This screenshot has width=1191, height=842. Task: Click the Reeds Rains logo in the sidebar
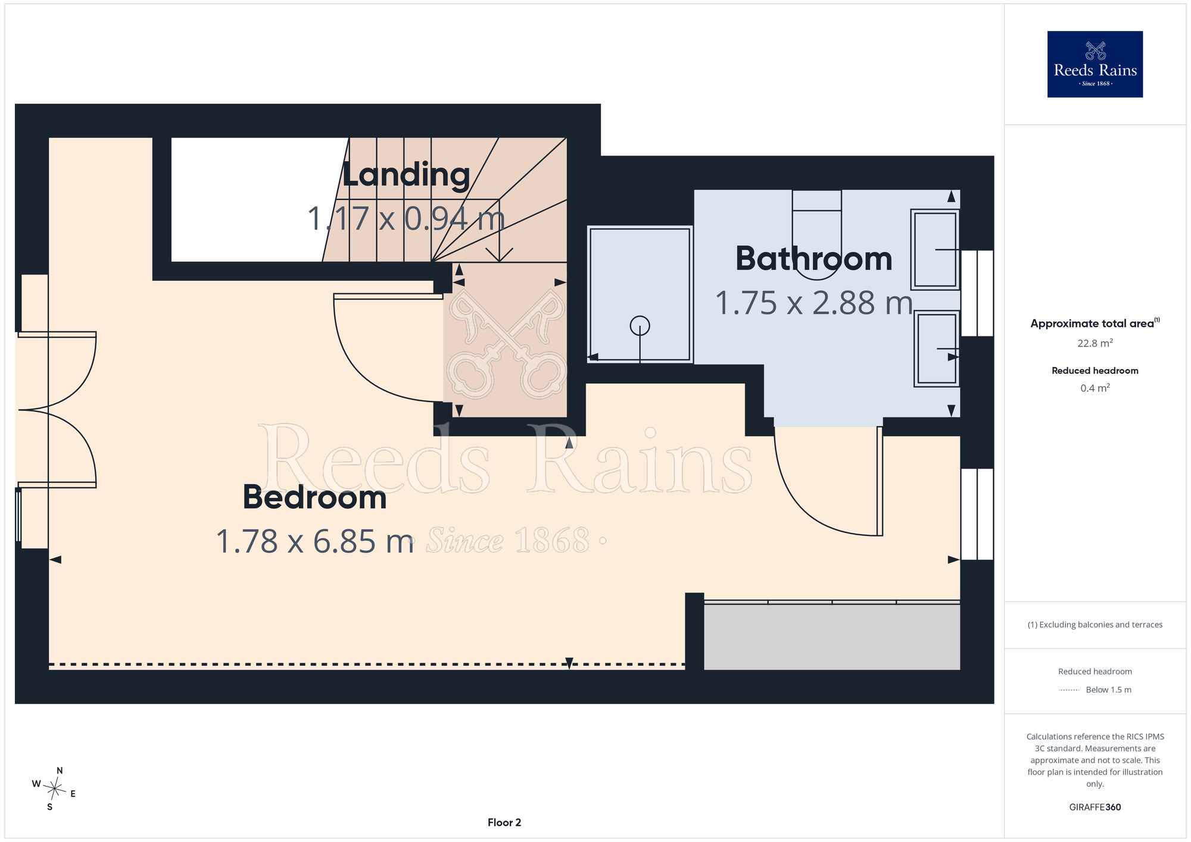(1095, 64)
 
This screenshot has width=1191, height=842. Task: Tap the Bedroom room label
(314, 497)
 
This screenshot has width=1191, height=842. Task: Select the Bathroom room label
(813, 258)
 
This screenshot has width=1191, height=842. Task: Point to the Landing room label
(406, 175)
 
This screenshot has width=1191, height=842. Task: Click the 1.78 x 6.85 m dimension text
(315, 541)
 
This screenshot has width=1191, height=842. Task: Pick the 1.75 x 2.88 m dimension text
(814, 303)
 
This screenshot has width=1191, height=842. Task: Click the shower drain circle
(640, 326)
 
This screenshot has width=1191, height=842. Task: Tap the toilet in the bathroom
(816, 235)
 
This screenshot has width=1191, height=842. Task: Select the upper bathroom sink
(936, 249)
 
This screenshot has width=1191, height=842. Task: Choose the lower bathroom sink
(937, 349)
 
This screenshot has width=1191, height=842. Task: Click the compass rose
(54, 789)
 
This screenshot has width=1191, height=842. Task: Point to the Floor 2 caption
(504, 822)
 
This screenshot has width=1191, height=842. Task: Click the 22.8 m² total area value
(1095, 343)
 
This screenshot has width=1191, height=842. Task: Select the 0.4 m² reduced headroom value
(1095, 388)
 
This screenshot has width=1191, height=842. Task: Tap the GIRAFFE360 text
(1095, 807)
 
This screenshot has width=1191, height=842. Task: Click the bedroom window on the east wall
(977, 514)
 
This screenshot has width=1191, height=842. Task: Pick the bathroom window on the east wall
(977, 293)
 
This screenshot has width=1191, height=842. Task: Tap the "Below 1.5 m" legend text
(1108, 690)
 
